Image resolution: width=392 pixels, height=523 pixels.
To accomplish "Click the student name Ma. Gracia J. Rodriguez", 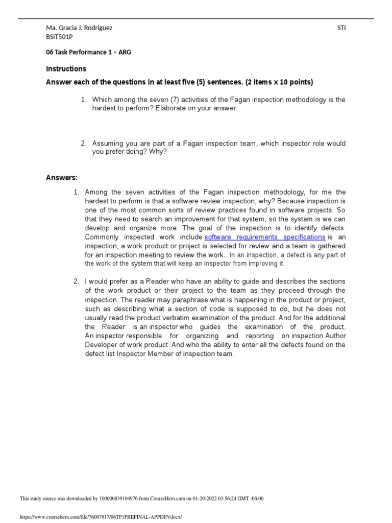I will [x=79, y=28].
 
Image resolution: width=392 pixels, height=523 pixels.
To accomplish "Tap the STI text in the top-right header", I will [x=341, y=28].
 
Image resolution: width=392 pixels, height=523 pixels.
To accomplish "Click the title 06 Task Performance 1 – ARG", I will [x=88, y=52].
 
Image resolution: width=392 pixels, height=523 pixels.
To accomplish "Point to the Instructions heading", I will [x=66, y=68].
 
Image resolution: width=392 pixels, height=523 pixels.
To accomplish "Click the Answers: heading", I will [x=62, y=178].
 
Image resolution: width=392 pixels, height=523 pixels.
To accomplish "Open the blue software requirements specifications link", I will [x=264, y=237].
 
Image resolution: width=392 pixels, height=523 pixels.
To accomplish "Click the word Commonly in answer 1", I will [x=101, y=237].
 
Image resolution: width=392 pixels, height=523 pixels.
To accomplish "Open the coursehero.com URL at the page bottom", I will [x=100, y=517].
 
